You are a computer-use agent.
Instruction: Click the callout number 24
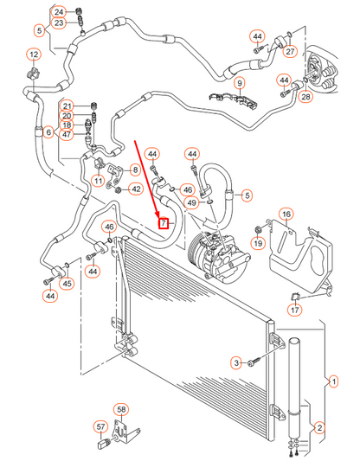click(x=59, y=11)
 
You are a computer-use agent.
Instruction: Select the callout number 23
click(x=59, y=23)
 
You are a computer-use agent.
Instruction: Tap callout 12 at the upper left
click(x=34, y=56)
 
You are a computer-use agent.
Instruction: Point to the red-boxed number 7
click(x=164, y=223)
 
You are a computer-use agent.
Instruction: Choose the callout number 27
click(x=291, y=50)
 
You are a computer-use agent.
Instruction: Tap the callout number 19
click(x=257, y=243)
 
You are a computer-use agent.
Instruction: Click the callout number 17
click(x=294, y=310)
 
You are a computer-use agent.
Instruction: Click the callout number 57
click(x=101, y=426)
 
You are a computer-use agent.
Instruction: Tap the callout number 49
click(x=191, y=202)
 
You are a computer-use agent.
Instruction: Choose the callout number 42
click(x=136, y=189)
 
